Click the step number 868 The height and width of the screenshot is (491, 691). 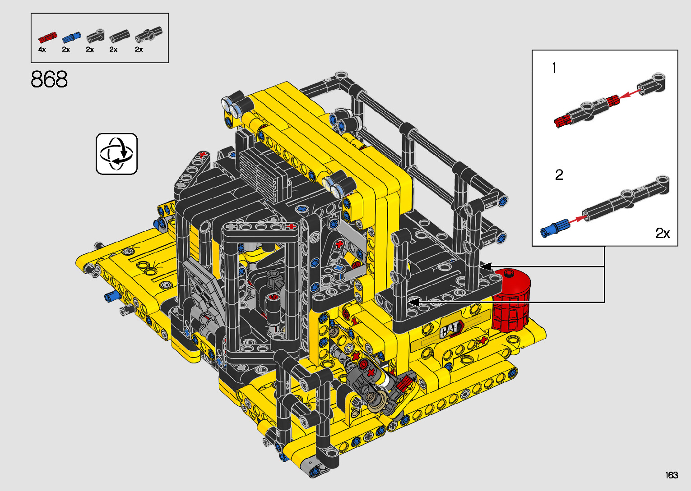[x=49, y=79]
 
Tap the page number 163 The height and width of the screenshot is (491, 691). [x=672, y=475]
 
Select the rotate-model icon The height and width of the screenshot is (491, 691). [x=116, y=154]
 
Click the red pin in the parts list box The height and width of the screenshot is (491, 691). [x=47, y=37]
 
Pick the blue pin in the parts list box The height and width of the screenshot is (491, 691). [x=71, y=37]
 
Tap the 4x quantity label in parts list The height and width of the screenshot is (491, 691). [x=42, y=50]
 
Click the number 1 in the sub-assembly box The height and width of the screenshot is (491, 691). [x=554, y=68]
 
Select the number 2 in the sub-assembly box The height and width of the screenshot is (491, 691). [x=559, y=175]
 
